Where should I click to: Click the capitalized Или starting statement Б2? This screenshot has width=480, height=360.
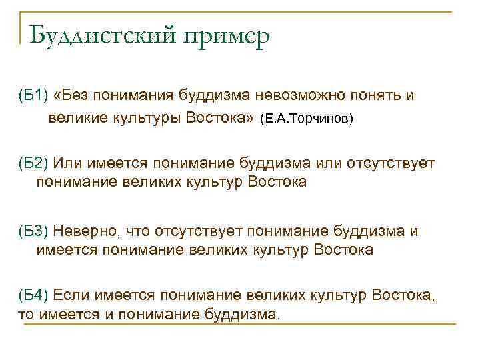click(x=67, y=163)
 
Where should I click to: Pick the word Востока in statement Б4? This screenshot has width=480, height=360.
click(x=403, y=295)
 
